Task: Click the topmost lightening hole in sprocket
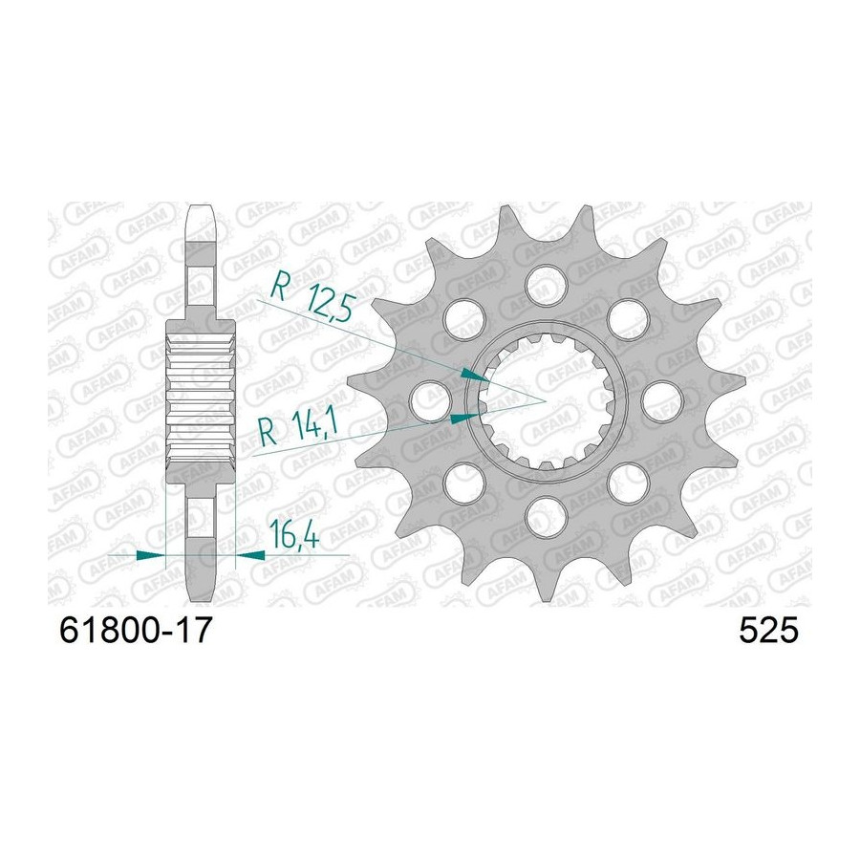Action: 546,284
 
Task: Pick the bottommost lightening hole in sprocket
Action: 546,517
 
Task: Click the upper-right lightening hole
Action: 628,318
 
